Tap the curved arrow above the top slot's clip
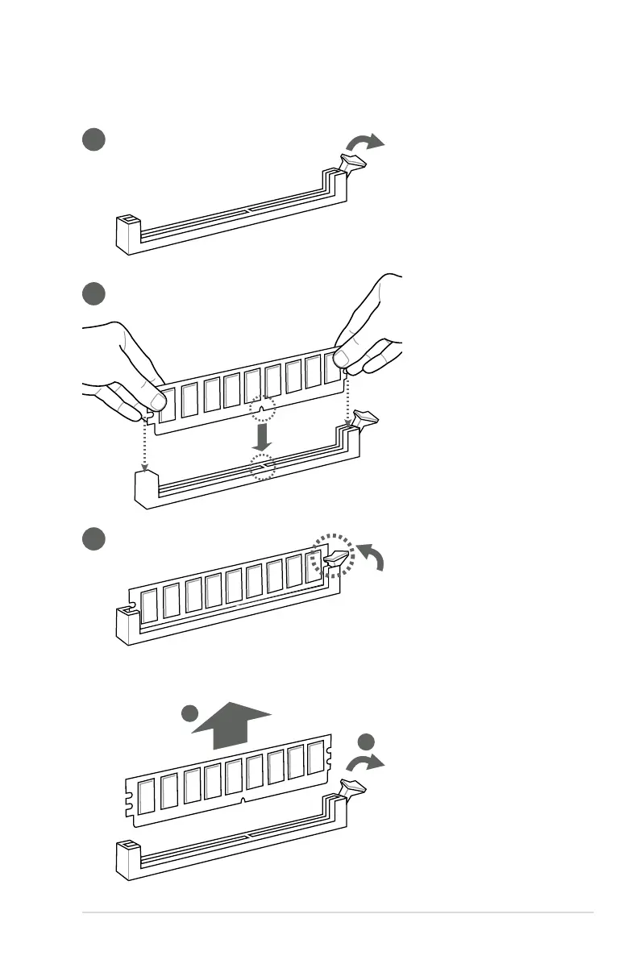[366, 143]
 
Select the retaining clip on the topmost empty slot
[355, 164]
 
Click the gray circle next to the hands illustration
[94, 293]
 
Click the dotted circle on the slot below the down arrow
[261, 466]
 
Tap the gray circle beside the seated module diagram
[94, 539]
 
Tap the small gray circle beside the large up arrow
[189, 713]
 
